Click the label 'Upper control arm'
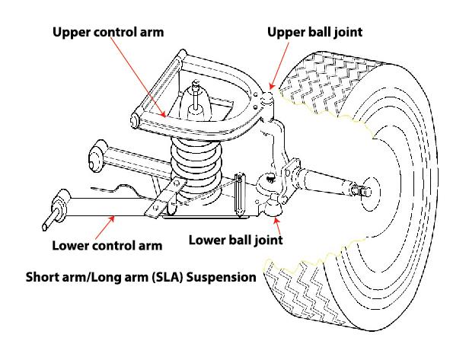tap(108, 32)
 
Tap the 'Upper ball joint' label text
tap(314, 32)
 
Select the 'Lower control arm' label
tap(107, 246)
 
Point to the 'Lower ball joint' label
tap(236, 240)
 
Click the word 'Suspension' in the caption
tap(222, 278)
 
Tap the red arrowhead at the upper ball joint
tap(271, 86)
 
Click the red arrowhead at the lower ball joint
tap(276, 221)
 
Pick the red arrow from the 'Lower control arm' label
tap(105, 228)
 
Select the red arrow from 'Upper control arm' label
tap(138, 78)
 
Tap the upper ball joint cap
tap(266, 98)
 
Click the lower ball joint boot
tap(273, 206)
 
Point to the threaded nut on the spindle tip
tap(359, 190)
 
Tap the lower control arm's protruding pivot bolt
tap(50, 220)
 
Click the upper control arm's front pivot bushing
tap(136, 121)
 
